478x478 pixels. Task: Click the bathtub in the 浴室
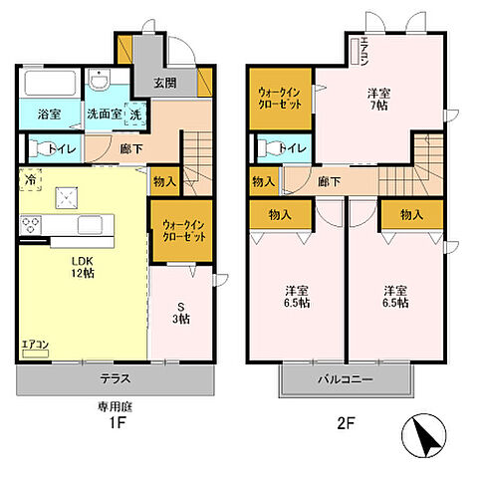tap(50, 83)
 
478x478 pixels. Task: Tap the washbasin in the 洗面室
tap(100, 81)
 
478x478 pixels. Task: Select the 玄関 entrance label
tap(165, 83)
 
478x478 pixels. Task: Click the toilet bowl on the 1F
tap(39, 148)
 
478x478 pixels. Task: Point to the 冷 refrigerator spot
tap(31, 180)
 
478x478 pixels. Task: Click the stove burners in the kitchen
tap(31, 225)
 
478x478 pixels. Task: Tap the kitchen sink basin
tap(90, 225)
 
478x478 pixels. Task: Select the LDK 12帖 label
tap(83, 267)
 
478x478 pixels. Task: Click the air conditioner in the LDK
tap(35, 354)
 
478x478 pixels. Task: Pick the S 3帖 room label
tap(181, 313)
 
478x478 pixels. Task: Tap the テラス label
tap(116, 378)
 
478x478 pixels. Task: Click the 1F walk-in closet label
tap(183, 231)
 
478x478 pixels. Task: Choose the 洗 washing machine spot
tap(135, 115)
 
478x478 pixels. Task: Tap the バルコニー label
tap(346, 379)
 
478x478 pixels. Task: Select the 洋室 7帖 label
tap(378, 100)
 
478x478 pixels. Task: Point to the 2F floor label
tap(347, 424)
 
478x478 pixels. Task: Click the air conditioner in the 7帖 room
tap(356, 51)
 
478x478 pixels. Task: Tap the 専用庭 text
tap(115, 407)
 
